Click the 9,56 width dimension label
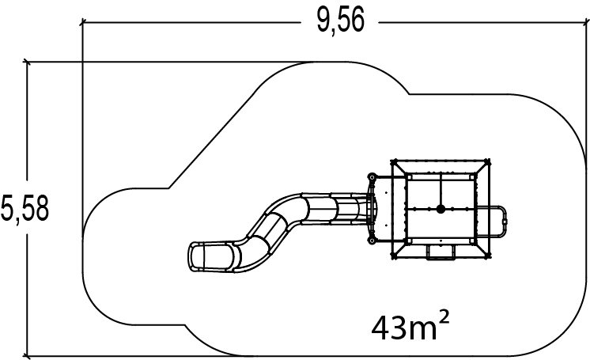click(341, 21)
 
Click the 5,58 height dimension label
click(25, 208)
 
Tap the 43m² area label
click(410, 326)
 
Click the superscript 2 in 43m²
click(444, 318)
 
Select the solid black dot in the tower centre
click(441, 209)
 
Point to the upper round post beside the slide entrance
click(373, 176)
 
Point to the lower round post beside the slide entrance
click(372, 241)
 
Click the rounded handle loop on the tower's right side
click(505, 222)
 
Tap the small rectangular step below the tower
click(441, 252)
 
